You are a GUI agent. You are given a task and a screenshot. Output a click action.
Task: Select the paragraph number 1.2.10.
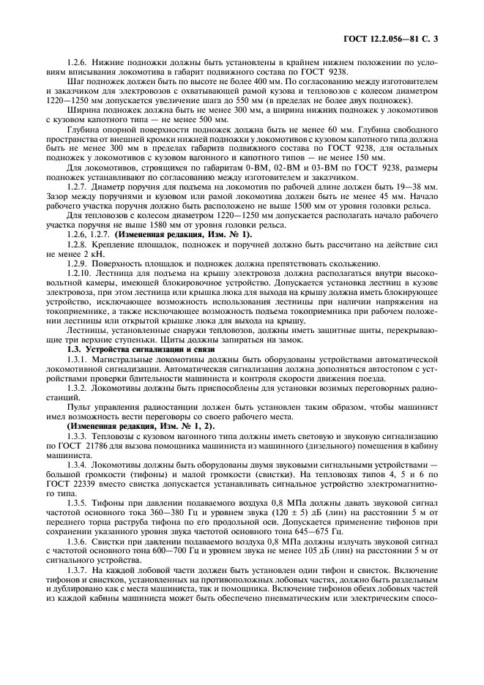coord(79,272)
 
